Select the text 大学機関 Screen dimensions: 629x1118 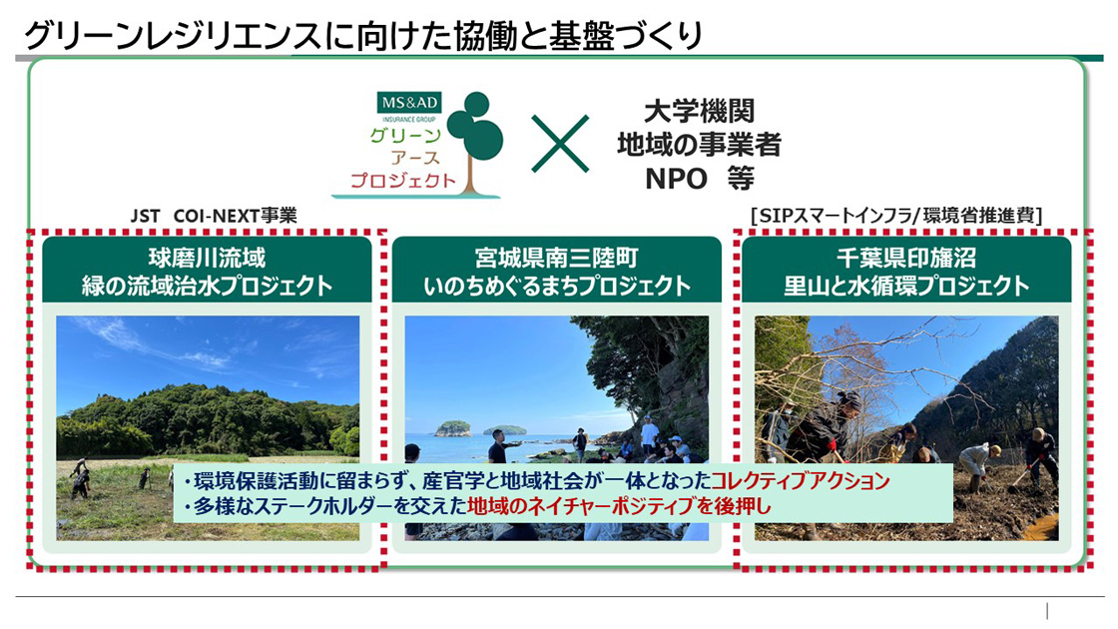[x=699, y=111]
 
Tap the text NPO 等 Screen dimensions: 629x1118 [x=699, y=179]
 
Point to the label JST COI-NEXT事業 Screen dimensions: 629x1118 [x=214, y=216]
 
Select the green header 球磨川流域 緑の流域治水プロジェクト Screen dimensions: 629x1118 [x=208, y=272]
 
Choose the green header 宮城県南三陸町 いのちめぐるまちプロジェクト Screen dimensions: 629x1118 [x=556, y=272]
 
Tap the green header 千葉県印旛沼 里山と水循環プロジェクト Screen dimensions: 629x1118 [x=906, y=272]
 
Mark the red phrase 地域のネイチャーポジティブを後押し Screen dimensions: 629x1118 [x=620, y=506]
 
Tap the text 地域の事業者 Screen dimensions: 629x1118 [x=699, y=145]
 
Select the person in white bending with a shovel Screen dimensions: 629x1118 [x=976, y=461]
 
